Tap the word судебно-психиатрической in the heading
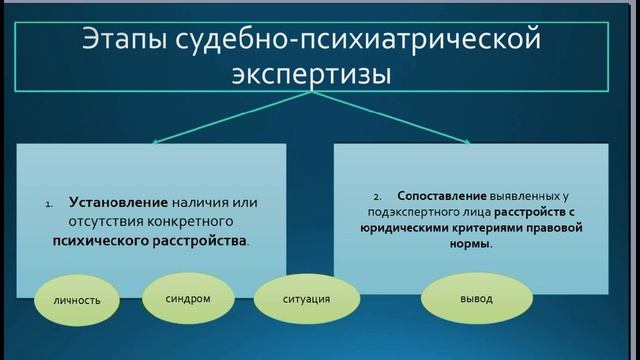(x=362, y=43)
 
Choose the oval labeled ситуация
(x=294, y=298)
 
